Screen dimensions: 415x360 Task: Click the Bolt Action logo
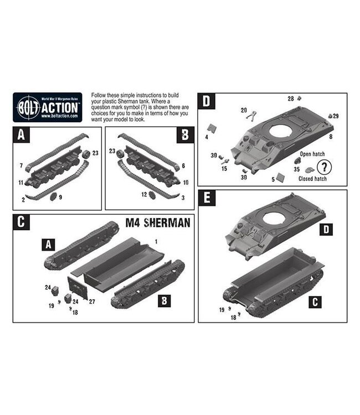coord(47,107)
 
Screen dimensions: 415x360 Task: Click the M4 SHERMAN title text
coord(160,223)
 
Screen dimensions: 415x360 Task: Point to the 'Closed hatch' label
coord(312,179)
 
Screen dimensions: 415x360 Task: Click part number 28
coord(291,98)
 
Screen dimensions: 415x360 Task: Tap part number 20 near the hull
coord(244,110)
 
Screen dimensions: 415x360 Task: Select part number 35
coord(296,169)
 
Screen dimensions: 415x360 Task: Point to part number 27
coord(91,302)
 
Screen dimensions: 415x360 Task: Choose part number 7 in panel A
coord(21,165)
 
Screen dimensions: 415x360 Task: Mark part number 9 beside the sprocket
coord(60,196)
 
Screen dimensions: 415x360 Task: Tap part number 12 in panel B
coord(143,195)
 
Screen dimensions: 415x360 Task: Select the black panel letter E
coord(207,198)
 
